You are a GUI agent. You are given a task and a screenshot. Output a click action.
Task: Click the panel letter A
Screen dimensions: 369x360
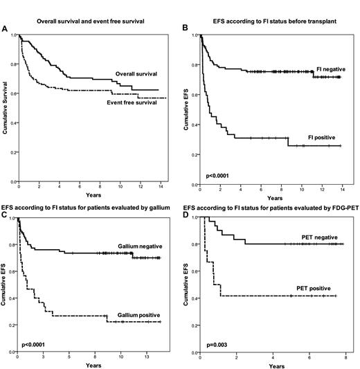(6, 30)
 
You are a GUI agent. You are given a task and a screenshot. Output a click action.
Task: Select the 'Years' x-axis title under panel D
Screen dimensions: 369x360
(272, 365)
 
